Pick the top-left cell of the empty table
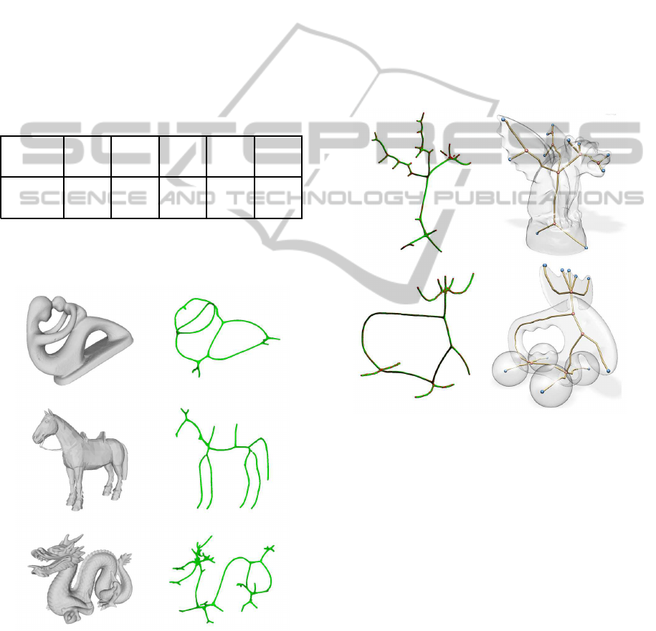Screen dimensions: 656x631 (32, 156)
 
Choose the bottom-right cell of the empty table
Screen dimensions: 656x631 (278, 197)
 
